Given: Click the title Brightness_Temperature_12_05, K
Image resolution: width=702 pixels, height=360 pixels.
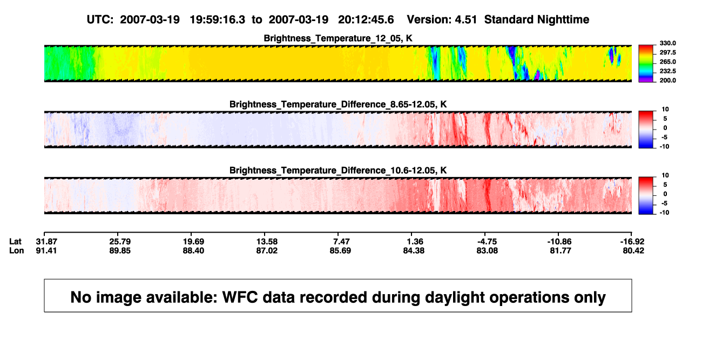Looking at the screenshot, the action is [338, 38].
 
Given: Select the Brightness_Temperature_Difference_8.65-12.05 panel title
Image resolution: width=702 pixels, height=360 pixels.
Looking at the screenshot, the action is [338, 104].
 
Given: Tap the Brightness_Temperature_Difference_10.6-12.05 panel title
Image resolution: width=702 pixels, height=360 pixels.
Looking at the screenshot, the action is [338, 171].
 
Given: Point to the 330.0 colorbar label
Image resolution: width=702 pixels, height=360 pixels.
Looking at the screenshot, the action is [667, 43].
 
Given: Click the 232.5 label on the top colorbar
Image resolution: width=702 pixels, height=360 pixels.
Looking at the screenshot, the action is [667, 71].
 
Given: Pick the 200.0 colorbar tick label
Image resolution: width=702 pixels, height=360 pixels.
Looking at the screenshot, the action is [667, 80].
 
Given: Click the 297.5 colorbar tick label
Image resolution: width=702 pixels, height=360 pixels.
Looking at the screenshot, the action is [667, 53].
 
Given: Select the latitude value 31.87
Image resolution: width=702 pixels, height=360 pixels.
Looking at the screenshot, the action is [46, 242].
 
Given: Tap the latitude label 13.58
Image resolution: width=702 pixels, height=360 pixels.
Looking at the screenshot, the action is [267, 242].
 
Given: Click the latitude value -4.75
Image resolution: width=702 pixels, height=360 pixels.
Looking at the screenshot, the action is [487, 242].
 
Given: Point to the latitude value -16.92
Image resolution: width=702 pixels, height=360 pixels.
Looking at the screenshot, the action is [632, 242].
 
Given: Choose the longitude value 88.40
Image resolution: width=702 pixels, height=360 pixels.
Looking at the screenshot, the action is [193, 250].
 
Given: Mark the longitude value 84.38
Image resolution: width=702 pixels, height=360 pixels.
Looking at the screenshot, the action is [414, 250].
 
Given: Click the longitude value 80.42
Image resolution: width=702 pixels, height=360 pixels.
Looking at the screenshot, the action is [633, 250].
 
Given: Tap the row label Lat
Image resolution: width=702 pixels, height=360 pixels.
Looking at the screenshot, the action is [15, 242].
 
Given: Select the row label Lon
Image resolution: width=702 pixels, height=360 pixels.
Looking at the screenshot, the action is [16, 250].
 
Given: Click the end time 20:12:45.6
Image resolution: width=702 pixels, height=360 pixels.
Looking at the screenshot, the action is [366, 20].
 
